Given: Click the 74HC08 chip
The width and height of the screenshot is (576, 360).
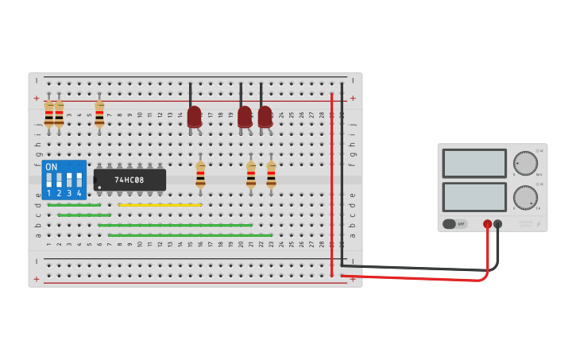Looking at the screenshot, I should coord(130,180).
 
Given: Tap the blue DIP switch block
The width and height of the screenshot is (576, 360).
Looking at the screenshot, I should coord(64,180).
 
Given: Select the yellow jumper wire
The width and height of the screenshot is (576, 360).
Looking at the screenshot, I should coord(160,205).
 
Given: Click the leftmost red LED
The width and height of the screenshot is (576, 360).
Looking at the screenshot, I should coord(194,116).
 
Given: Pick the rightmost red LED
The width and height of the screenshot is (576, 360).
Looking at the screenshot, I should coord(265,116).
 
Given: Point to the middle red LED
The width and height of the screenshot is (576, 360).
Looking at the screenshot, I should coord(245,116).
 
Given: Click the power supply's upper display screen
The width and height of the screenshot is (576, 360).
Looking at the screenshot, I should coord(474,164).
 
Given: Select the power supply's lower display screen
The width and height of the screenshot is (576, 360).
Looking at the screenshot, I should coord(474,197).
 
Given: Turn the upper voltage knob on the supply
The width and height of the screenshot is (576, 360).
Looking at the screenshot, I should coord(524,163).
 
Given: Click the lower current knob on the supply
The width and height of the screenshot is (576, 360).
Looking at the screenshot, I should coord(524,197).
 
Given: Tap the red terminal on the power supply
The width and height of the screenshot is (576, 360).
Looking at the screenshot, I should coord(487,224).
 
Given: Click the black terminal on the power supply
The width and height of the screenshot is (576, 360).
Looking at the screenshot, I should coord(498,224).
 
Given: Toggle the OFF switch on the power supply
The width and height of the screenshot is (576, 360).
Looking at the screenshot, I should coord(455,224).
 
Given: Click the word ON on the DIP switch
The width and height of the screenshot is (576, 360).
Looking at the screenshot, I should coord(52,167).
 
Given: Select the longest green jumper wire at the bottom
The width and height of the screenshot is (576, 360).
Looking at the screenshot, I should coord(190,235).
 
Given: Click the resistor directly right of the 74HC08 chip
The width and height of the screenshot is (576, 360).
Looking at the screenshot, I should coord(200,173).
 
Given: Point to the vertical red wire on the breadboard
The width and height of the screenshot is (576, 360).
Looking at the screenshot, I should coord(332,183).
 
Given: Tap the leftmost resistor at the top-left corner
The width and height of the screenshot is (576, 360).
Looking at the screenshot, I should coord(48,114).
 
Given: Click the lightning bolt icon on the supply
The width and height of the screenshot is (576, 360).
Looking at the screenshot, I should coord(538,224).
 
